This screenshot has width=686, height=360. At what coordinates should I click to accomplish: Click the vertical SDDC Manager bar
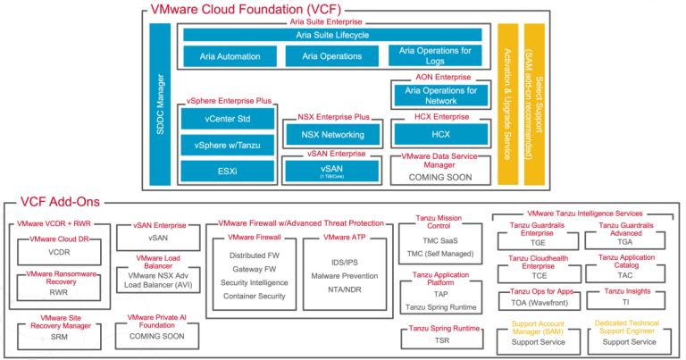(x=160, y=103)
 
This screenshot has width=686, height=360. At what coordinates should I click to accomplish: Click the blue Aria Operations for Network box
(x=440, y=96)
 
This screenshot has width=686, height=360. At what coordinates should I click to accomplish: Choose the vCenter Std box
(x=228, y=119)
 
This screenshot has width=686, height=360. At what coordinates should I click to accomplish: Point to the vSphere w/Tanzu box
(x=228, y=145)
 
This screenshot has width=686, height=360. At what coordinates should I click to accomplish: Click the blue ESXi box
(x=228, y=170)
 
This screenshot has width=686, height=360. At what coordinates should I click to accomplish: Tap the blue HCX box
(x=440, y=134)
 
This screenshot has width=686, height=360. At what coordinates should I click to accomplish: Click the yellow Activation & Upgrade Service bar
(x=507, y=103)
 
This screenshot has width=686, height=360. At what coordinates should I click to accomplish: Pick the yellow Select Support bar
(x=534, y=103)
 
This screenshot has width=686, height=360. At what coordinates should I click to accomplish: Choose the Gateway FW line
(x=253, y=269)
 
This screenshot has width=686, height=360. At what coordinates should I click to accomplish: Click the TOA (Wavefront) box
(x=533, y=305)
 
